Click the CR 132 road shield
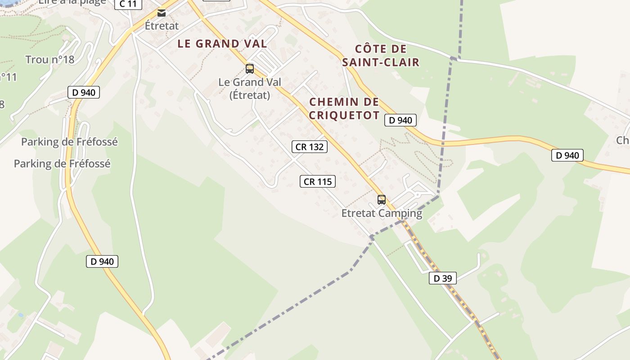point(309,147)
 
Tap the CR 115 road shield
point(318,181)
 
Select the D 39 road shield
point(442,278)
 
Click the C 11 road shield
point(128,4)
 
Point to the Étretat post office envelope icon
point(162,13)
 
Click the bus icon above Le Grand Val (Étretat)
point(250,69)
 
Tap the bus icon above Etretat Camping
point(382,199)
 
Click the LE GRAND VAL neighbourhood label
point(222,44)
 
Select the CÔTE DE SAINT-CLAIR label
point(381,55)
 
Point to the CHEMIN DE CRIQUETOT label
point(344,108)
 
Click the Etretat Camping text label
point(382,213)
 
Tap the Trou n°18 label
point(49,59)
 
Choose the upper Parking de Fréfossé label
point(69,142)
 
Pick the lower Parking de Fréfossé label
point(62,163)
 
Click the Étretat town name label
point(162,26)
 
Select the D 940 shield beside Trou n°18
point(83,92)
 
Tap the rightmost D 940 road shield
point(567,155)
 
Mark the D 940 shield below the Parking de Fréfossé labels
point(102,261)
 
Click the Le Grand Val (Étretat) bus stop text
point(250,88)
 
